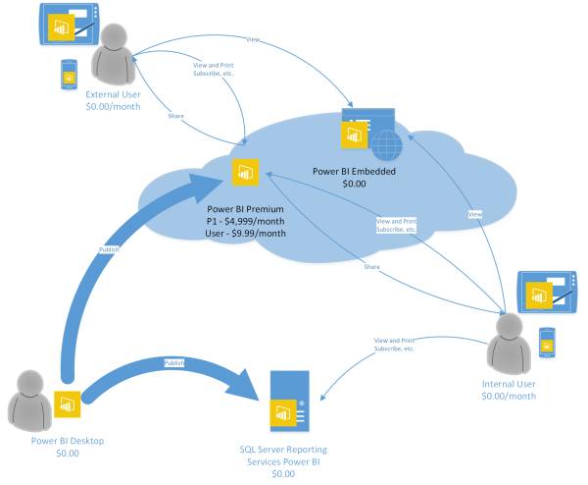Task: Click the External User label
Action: pos(113,94)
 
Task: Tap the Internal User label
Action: pos(509,383)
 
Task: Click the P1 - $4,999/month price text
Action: pos(247,222)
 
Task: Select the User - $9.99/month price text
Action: pos(247,234)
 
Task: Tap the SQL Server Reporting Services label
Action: pos(281,455)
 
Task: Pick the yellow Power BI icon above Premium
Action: pos(244,172)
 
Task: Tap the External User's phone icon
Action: pos(69,73)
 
